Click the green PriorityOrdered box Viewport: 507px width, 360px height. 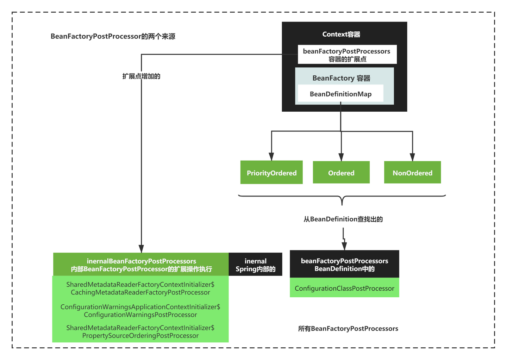(271, 173)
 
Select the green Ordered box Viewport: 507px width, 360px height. (341, 173)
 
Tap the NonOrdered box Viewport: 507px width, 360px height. (412, 173)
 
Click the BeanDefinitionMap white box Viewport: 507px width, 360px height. (340, 94)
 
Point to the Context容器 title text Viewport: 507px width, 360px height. (341, 34)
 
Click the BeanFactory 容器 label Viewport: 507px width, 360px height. (341, 78)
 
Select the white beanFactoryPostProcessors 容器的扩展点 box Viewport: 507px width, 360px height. (347, 55)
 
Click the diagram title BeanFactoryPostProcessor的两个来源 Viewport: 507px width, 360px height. (113, 36)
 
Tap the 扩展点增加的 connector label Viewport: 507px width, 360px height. (141, 76)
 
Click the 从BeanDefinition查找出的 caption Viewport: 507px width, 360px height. (343, 219)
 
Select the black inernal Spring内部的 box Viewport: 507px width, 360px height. (255, 265)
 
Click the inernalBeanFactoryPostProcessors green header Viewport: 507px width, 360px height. (141, 265)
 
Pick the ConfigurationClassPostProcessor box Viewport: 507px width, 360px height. (344, 288)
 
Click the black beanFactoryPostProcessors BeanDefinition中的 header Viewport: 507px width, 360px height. (344, 264)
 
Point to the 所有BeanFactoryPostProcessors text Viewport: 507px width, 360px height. (348, 329)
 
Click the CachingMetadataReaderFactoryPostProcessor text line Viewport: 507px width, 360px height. (140, 292)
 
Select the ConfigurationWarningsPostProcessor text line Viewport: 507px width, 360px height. (140, 315)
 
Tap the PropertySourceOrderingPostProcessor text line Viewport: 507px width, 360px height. (140, 336)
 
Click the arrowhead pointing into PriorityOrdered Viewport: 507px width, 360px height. (271, 157)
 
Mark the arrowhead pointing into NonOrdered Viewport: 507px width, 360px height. (412, 157)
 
